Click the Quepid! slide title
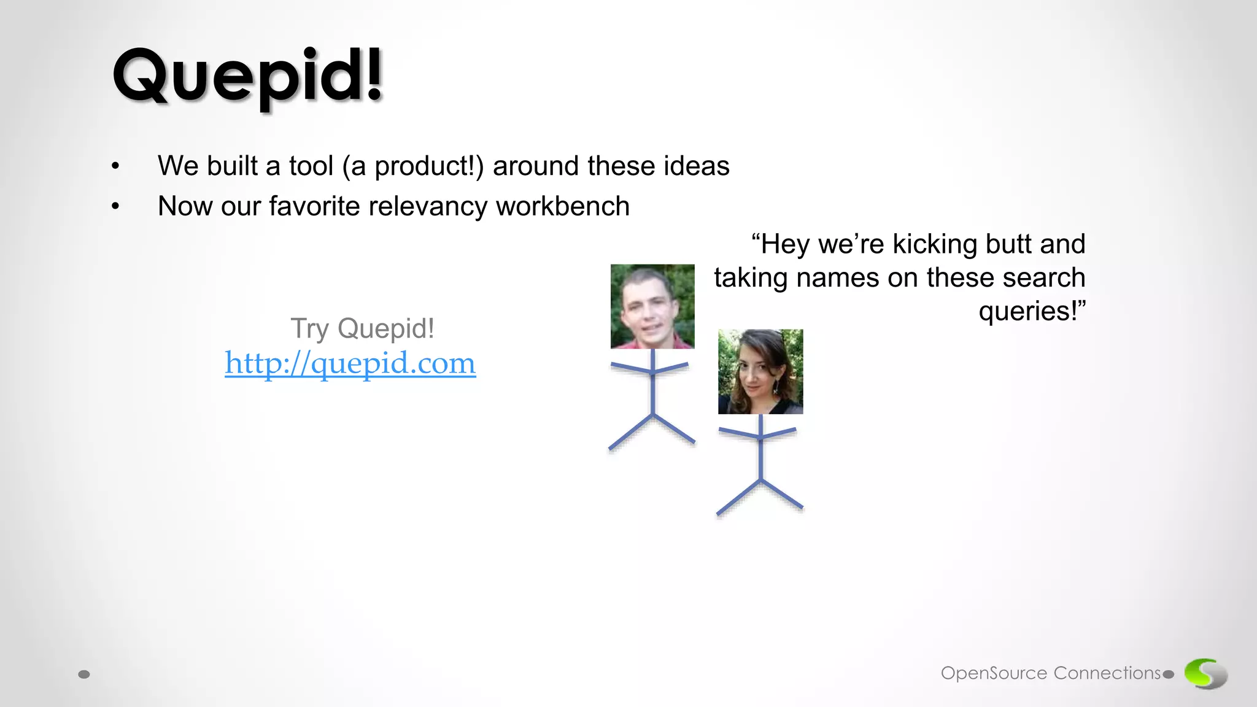247,77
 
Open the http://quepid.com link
350,363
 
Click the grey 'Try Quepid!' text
362,328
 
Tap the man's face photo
652,306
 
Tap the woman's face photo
760,371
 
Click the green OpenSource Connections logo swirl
1205,673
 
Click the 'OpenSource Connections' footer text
1050,673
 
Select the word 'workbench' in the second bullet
563,206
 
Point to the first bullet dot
115,166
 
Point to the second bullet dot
115,207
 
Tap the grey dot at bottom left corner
84,674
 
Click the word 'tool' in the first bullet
311,166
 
